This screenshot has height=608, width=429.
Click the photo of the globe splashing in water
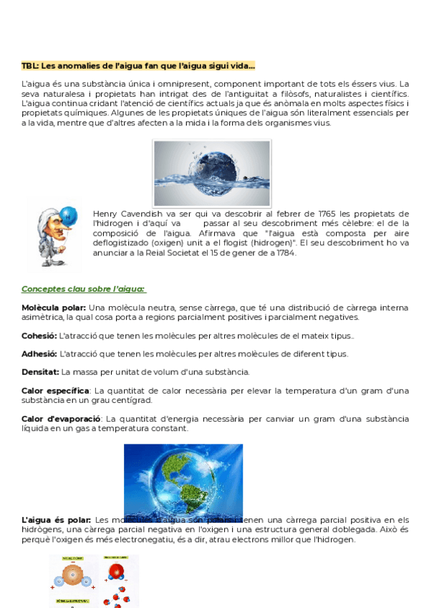[212, 173]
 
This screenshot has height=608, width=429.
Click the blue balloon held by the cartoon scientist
[68, 214]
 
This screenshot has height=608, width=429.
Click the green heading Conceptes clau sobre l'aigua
[84, 289]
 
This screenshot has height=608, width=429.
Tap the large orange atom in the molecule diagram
[72, 576]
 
